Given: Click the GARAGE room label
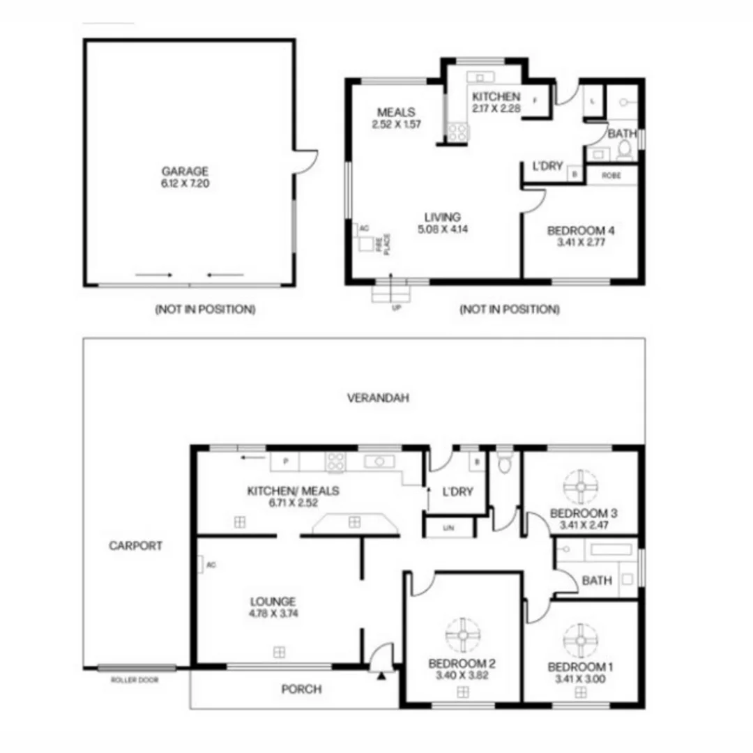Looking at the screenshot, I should coord(185,171).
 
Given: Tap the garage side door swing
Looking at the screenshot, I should coord(305,160).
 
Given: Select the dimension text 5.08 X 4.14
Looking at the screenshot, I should coord(443,228).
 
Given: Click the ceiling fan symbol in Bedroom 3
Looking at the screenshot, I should coord(580,487).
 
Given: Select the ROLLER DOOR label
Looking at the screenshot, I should coord(135,680).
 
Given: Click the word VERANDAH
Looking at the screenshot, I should coord(378,398).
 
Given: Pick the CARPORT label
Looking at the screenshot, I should coord(135,546).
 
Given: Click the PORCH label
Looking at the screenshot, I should coord(301,689).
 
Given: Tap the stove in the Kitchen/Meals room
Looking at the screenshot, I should coord(336,462).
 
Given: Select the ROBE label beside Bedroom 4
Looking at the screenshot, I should coord(611,175).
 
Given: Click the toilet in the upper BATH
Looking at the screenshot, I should coord(625,149).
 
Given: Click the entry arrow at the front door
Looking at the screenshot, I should coord(381,675).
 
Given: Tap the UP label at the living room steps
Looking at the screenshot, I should coord(396,307).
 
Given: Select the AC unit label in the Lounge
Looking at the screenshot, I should coord(211,565).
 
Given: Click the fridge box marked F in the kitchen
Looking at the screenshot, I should coord(535,100).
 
